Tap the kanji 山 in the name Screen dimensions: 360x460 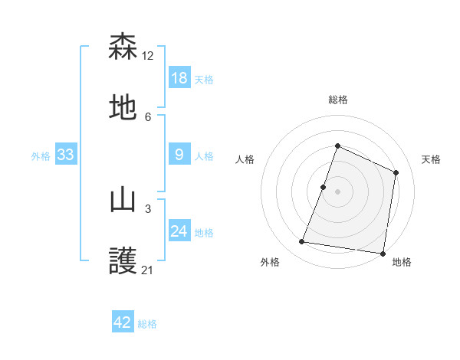(x=123, y=201)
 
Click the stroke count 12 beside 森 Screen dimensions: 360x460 (x=148, y=55)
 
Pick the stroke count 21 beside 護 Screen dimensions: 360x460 (x=148, y=270)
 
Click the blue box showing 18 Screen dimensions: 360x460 (x=179, y=77)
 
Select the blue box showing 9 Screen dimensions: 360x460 (x=179, y=155)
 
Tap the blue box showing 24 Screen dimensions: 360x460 (x=179, y=231)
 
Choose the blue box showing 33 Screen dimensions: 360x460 (x=66, y=155)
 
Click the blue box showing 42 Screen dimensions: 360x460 (x=123, y=322)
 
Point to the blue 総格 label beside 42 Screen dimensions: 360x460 (x=147, y=324)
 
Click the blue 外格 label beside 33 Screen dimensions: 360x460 (x=41, y=155)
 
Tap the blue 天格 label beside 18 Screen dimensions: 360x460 (x=204, y=79)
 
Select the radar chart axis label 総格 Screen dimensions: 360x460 (x=337, y=100)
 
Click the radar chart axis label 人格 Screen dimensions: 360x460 (x=245, y=159)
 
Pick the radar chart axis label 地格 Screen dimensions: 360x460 (x=402, y=262)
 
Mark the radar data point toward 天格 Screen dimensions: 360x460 (x=396, y=172)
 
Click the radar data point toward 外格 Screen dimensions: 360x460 (x=302, y=242)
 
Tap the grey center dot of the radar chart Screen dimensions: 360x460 (x=337, y=191)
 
